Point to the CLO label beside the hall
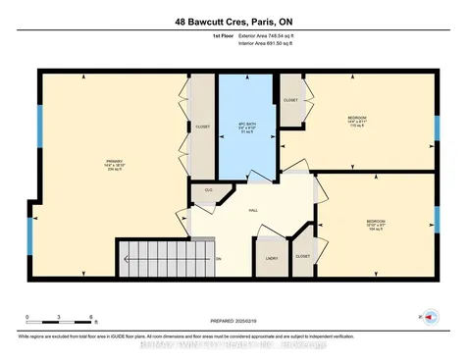pos(208,189)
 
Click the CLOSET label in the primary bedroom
pos(203,127)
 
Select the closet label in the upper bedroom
pos(290,101)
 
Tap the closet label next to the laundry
pos(303,256)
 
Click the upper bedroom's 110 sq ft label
pos(356,126)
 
